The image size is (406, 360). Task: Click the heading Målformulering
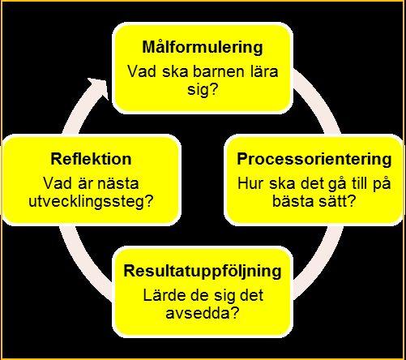203,48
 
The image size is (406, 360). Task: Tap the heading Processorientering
314,159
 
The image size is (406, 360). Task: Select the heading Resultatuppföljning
203,271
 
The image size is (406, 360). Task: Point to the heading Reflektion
91,159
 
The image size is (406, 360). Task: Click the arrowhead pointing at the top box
100,87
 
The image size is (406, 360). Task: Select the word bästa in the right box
293,201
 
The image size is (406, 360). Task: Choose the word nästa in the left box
118,184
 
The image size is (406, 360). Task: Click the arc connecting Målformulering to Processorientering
318,104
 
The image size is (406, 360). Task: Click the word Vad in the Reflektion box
58,184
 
